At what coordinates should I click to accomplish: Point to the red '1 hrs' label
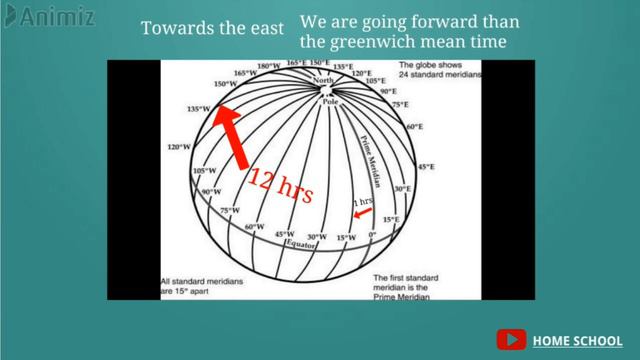coord(364,202)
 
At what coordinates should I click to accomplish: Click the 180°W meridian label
coord(269,67)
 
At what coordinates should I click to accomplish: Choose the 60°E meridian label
coord(415,127)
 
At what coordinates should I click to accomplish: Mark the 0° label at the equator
coord(373,235)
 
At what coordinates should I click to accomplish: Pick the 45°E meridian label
coord(427,167)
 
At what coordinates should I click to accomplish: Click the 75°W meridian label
coord(230,210)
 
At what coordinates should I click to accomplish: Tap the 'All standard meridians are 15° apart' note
coord(203,289)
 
